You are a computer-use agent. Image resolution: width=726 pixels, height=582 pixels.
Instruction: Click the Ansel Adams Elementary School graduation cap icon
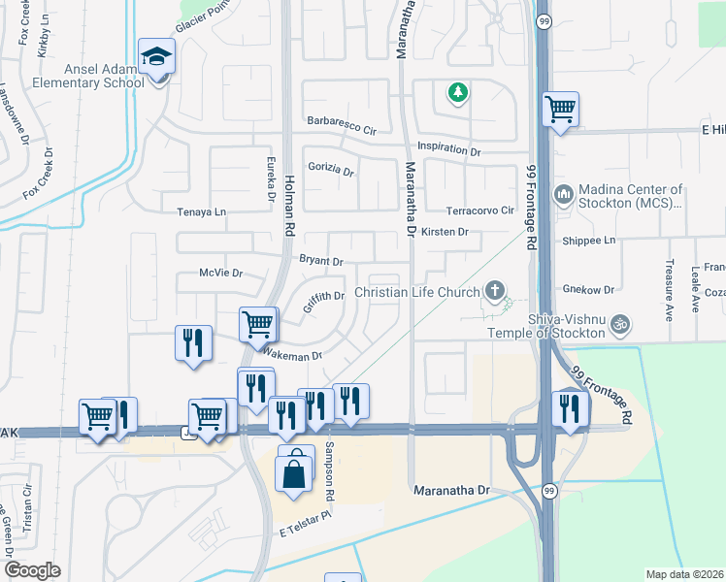(155, 56)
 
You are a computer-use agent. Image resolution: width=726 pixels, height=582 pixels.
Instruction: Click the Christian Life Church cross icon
(495, 291)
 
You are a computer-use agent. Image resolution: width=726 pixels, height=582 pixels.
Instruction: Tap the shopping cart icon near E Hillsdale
(560, 109)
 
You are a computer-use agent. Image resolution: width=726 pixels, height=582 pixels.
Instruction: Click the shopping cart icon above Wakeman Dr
(257, 323)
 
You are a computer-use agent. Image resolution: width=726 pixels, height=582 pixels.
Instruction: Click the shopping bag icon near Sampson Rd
(296, 473)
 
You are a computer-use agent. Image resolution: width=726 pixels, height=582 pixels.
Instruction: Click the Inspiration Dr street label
(448, 151)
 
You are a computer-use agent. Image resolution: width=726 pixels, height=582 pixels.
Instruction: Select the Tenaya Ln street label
(201, 211)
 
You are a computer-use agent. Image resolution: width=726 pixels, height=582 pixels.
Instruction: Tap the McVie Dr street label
(219, 274)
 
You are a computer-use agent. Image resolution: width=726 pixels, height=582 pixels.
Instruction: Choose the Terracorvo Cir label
(478, 210)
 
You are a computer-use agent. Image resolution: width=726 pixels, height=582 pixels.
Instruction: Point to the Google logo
(33, 570)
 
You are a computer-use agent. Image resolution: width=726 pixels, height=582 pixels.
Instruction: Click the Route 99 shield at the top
(546, 19)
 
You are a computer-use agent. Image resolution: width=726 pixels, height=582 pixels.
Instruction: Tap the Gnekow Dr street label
(589, 289)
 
